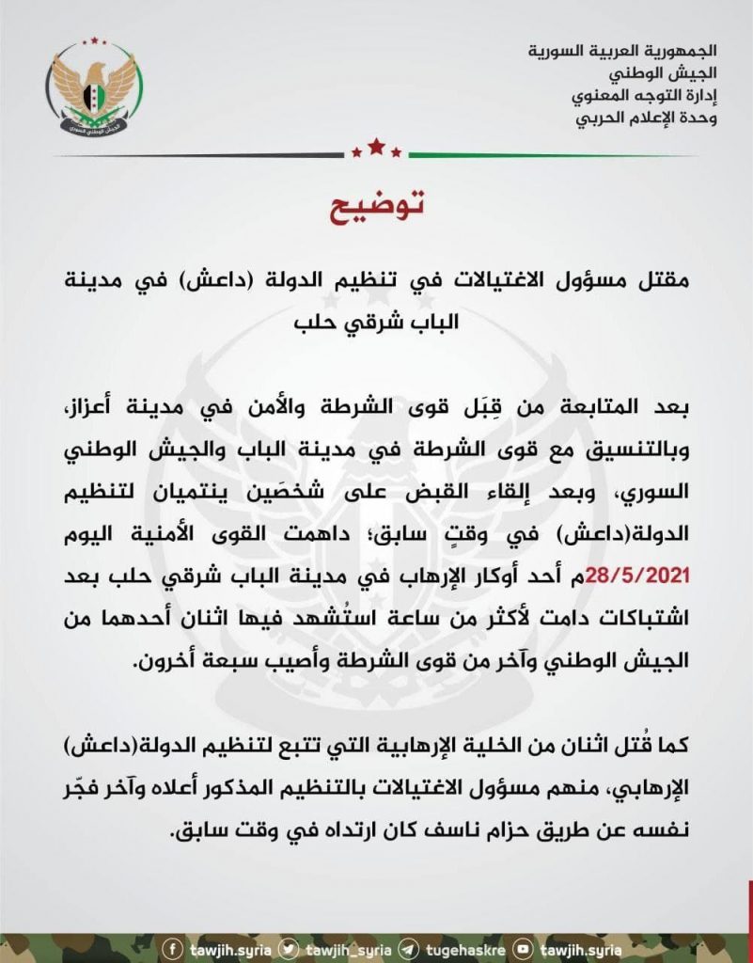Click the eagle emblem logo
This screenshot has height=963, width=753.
point(94,89)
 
